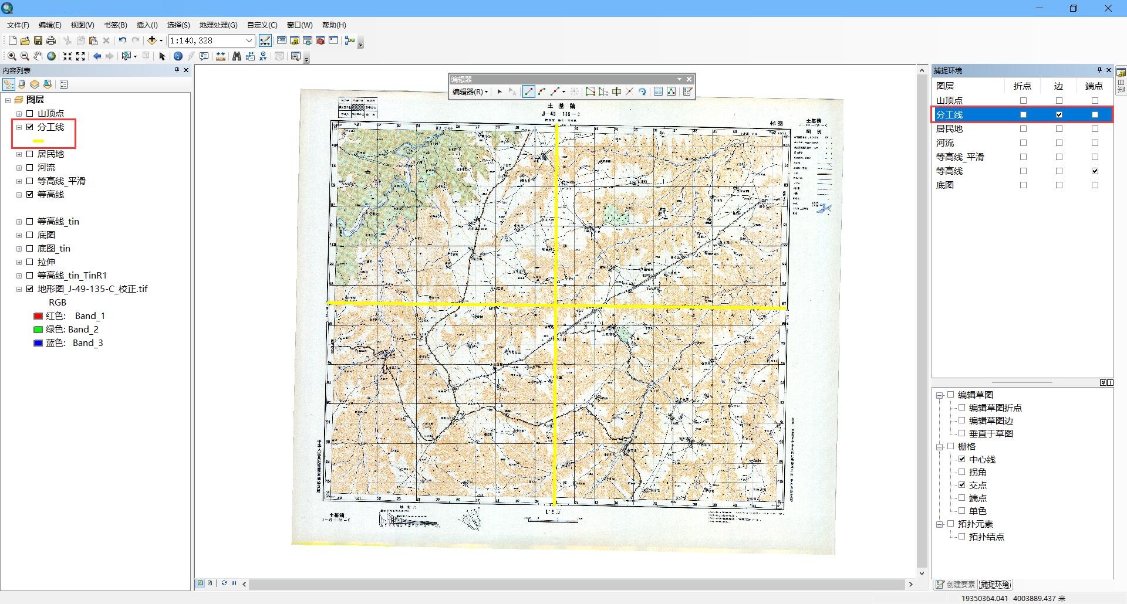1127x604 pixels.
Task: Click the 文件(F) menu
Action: click(x=18, y=25)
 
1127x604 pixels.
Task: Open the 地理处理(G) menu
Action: click(x=218, y=25)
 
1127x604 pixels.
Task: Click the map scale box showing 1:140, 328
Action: click(x=206, y=40)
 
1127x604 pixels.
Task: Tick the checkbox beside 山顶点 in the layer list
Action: click(x=30, y=114)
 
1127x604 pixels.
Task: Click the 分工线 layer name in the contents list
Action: click(x=51, y=127)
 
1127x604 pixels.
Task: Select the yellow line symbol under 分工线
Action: click(x=39, y=141)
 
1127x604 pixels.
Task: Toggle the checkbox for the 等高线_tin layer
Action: click(x=30, y=222)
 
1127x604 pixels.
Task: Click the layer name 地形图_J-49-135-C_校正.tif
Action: click(x=93, y=289)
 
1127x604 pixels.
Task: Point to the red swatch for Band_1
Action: click(x=38, y=316)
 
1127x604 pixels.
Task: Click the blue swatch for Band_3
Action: click(x=38, y=343)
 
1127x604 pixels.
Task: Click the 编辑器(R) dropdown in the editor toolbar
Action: click(x=470, y=92)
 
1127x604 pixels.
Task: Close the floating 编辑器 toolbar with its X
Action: click(x=689, y=79)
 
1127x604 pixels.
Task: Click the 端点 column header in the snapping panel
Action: click(x=1094, y=86)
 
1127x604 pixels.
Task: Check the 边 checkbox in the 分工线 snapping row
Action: click(x=1059, y=115)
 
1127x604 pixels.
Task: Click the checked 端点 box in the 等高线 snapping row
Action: click(x=1095, y=171)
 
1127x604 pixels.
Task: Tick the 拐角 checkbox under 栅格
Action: click(x=961, y=472)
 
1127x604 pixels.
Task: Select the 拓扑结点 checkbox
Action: click(x=961, y=537)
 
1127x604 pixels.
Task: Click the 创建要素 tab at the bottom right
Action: click(x=956, y=585)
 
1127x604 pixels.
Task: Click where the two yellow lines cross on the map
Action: click(x=555, y=305)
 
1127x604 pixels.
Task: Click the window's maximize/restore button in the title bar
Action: click(x=1074, y=8)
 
